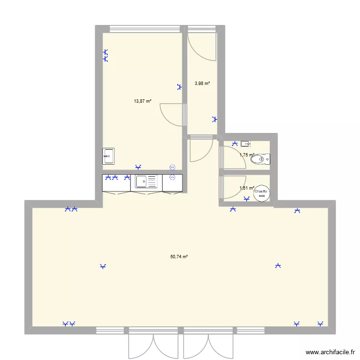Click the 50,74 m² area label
coord(179,257)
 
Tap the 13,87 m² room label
coord(143,101)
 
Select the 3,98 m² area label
coord(202,84)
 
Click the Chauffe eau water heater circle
coord(262,193)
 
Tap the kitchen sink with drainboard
coord(146,181)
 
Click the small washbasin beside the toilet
coord(246,143)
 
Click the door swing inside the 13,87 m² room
coord(172,115)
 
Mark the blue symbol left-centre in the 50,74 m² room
coord(102,266)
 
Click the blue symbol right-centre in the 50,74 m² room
coord(277,265)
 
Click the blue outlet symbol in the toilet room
coord(235,143)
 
